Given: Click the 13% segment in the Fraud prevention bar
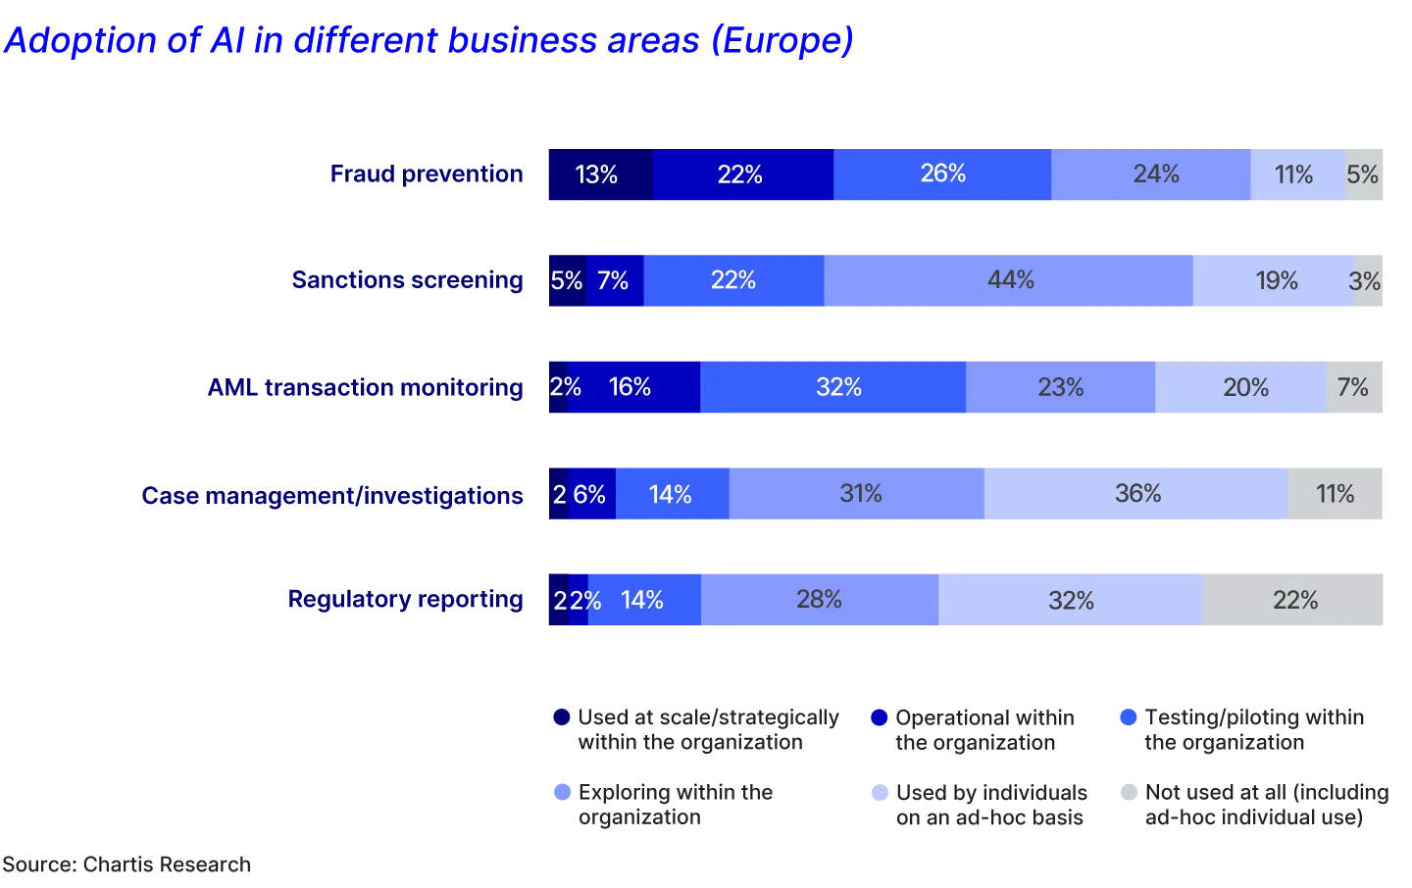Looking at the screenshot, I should (x=597, y=175).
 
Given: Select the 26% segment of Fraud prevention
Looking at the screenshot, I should (x=942, y=175).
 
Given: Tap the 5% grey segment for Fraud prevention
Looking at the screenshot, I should (x=1365, y=175).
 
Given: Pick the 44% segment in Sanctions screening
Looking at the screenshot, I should (x=1009, y=281).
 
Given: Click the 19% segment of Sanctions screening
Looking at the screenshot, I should (x=1275, y=281).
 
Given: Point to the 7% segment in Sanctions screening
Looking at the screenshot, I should (x=615, y=281).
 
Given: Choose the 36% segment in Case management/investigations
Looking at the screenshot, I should (x=1136, y=494).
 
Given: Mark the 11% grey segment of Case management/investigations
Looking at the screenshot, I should (x=1336, y=494).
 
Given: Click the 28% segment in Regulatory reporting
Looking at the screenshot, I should (x=820, y=600).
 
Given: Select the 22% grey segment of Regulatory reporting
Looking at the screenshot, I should (x=1295, y=600).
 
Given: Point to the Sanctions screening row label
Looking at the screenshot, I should (x=408, y=280).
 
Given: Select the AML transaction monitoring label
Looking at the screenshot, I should (x=366, y=387).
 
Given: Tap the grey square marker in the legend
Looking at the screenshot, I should (x=1127, y=792).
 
